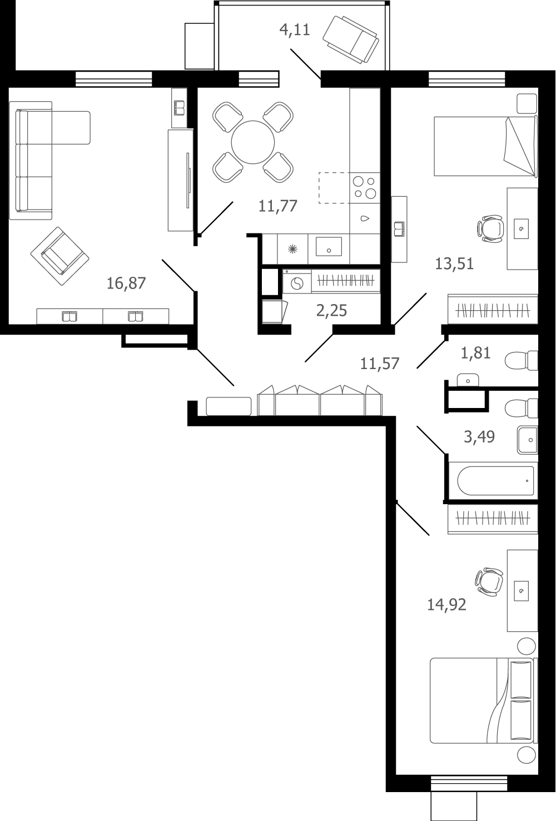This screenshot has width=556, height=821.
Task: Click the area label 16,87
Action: [x=126, y=283]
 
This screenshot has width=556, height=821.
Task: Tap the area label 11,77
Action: [x=278, y=206]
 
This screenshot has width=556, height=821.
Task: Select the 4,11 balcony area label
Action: [x=295, y=29]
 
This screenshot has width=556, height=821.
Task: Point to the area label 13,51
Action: [x=454, y=264]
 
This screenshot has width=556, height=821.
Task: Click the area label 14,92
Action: [x=447, y=605]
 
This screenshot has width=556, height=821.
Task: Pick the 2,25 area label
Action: [x=331, y=311]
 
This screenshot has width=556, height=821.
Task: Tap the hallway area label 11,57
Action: [x=380, y=364]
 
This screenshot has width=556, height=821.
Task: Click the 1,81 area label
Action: [x=475, y=353]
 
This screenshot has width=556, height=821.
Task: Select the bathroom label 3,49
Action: [x=479, y=437]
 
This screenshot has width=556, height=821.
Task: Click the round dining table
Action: [x=253, y=142]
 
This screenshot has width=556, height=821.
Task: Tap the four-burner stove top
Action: [x=364, y=188]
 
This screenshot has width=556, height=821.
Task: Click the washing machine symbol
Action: [x=297, y=283]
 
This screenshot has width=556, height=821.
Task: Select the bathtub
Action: [x=495, y=480]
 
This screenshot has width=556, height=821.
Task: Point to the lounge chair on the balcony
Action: [x=351, y=39]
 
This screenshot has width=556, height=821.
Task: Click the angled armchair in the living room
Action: [x=59, y=256]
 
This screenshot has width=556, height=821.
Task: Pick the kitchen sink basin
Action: [x=329, y=246]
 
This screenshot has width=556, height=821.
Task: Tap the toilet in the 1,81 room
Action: [x=521, y=361]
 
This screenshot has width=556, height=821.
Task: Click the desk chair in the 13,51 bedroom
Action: [x=490, y=228]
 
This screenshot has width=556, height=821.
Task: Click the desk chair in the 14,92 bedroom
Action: [x=489, y=581]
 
